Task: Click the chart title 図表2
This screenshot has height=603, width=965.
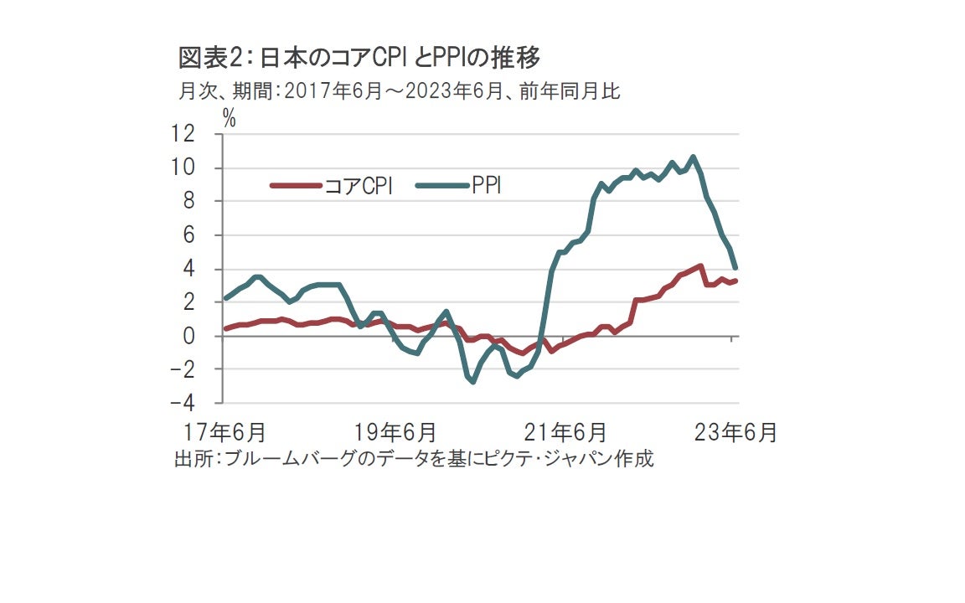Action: click(x=359, y=58)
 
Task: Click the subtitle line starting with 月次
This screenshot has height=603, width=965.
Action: click(x=399, y=91)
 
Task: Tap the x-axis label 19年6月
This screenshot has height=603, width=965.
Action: click(x=395, y=433)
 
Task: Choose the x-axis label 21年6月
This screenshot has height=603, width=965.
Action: click(x=566, y=433)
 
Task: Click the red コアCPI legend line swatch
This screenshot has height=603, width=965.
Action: click(x=295, y=185)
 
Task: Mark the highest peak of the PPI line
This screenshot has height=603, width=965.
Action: click(x=693, y=157)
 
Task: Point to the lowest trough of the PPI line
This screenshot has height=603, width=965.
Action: click(x=473, y=382)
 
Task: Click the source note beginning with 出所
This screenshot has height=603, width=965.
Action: click(x=413, y=459)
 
